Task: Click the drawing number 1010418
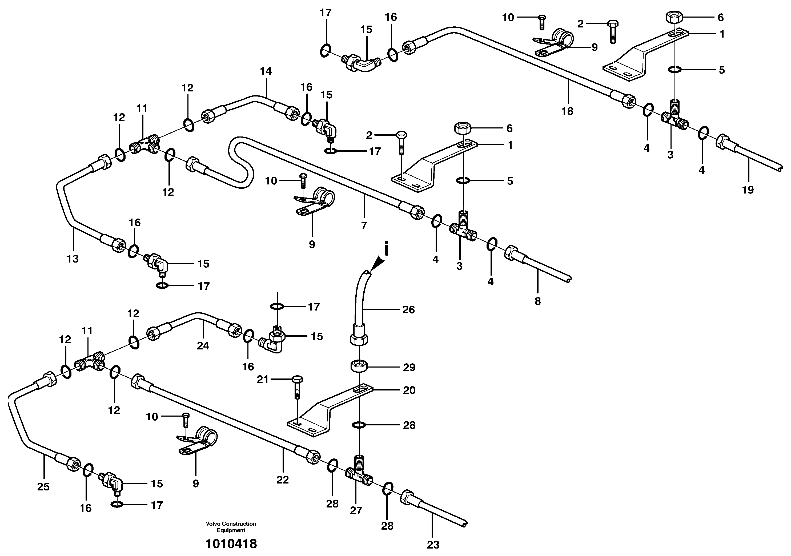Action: tap(231, 544)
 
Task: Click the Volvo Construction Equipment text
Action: tap(231, 527)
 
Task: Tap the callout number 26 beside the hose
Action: tap(409, 310)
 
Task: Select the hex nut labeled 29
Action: tap(359, 366)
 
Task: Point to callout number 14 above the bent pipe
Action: tap(266, 71)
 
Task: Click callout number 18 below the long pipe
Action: tap(567, 111)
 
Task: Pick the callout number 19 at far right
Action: tap(748, 190)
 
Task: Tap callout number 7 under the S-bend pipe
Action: tap(364, 226)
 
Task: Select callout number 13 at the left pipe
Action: tap(73, 259)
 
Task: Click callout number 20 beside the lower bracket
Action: tap(409, 390)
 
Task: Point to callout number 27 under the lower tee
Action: tap(356, 510)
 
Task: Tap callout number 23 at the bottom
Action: tap(433, 545)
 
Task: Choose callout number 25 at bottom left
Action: tap(43, 487)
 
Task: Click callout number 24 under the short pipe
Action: tap(203, 345)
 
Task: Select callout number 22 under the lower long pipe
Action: tap(283, 480)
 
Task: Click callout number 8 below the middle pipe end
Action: tap(538, 301)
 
